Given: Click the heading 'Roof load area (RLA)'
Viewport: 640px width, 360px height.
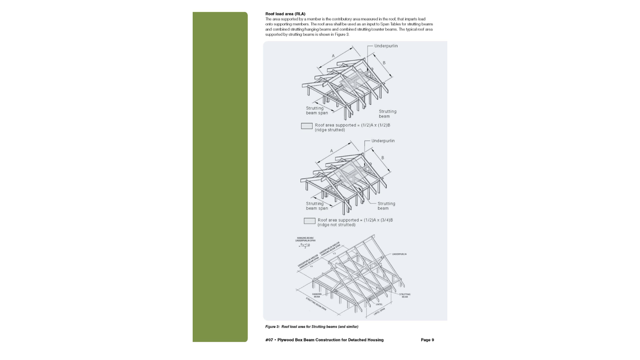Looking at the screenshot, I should (285, 14).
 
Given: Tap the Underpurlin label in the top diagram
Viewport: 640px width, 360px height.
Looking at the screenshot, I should (386, 46).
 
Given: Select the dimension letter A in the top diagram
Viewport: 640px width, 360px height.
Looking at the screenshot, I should (333, 56).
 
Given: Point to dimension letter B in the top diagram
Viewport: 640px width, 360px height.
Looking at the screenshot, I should (384, 63).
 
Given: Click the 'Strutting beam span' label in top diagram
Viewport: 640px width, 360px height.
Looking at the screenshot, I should (317, 111).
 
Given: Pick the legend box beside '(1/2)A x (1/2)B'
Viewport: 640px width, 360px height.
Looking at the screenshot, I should (307, 126).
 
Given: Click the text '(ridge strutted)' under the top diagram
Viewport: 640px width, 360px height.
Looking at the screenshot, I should (330, 130).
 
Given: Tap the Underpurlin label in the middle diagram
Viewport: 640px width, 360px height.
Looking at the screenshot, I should (383, 141).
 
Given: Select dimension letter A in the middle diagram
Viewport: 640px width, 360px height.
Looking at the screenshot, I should (331, 151).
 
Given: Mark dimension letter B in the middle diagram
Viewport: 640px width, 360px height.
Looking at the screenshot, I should (383, 158).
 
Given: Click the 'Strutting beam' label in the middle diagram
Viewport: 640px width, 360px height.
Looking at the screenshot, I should (386, 206).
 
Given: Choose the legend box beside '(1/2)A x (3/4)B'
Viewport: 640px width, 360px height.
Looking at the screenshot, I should (309, 221).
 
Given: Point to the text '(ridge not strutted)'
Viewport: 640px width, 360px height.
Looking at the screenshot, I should (336, 225).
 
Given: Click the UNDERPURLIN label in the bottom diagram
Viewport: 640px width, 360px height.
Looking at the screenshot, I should (399, 254).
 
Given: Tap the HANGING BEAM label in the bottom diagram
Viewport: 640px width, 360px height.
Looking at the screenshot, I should (317, 295).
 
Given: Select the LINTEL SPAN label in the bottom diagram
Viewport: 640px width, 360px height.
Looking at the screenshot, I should (379, 312).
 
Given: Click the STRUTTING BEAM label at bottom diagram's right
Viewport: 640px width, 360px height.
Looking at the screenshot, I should (405, 296).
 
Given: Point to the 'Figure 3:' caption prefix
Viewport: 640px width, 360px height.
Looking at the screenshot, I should (272, 327).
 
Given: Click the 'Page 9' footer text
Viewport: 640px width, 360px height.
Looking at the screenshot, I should (427, 340).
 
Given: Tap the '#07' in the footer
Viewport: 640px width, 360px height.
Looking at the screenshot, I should (269, 340).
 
